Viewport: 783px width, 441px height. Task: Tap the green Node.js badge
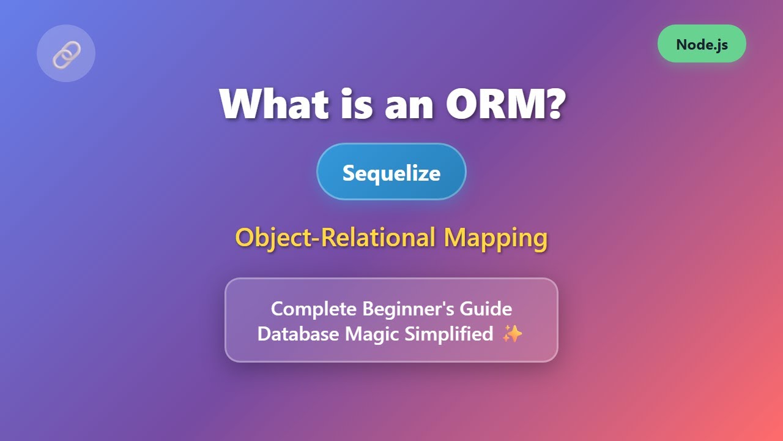(702, 44)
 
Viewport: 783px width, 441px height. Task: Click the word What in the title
(270, 104)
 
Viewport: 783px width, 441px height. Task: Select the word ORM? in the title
(505, 104)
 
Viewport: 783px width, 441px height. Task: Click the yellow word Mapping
(495, 238)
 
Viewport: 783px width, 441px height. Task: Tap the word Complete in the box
(314, 309)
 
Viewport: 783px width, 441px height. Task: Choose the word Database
(299, 334)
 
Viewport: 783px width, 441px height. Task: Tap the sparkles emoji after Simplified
(512, 334)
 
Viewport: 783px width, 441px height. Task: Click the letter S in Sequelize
(348, 173)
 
